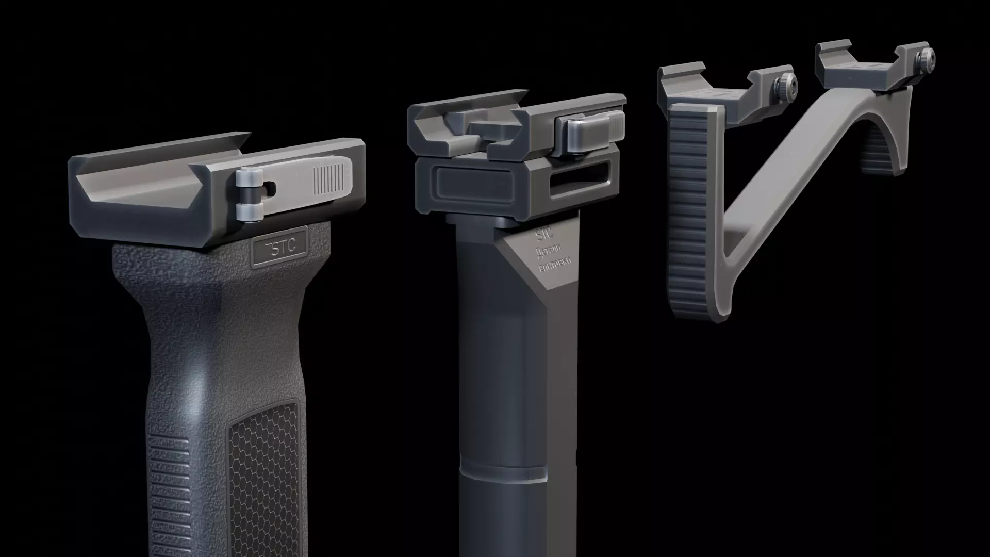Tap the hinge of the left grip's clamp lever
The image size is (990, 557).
coord(246,195)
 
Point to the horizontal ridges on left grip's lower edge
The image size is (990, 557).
coord(163,495)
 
